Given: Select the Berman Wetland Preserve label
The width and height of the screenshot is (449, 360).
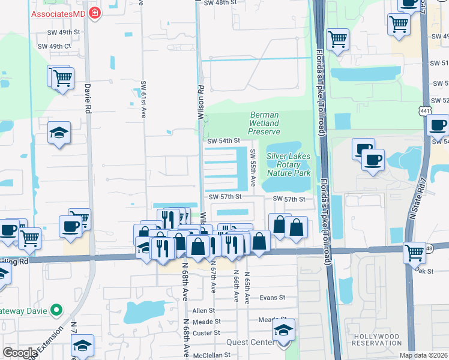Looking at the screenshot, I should pyautogui.click(x=264, y=123).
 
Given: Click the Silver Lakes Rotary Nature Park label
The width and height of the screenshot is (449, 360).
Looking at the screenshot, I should pyautogui.click(x=289, y=164).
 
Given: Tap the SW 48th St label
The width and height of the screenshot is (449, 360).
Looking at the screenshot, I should pyautogui.click(x=217, y=3).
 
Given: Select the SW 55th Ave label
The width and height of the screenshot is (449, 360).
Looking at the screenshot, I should pyautogui.click(x=253, y=167).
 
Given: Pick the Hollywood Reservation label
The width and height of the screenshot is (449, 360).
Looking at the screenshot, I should pyautogui.click(x=377, y=340).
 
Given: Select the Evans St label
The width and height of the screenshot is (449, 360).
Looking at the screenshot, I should pyautogui.click(x=272, y=297).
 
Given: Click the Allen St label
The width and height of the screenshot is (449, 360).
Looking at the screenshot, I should pyautogui.click(x=203, y=310).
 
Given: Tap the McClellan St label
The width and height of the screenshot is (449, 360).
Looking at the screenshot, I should pyautogui.click(x=210, y=355).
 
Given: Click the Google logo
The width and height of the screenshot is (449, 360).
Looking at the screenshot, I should pyautogui.click(x=20, y=353).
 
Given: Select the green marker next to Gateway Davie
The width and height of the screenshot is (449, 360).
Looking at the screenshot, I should pyautogui.click(x=56, y=310).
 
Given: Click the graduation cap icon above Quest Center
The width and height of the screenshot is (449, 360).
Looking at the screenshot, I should pyautogui.click(x=283, y=329).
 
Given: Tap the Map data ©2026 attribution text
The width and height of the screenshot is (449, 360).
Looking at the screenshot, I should pyautogui.click(x=423, y=355).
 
